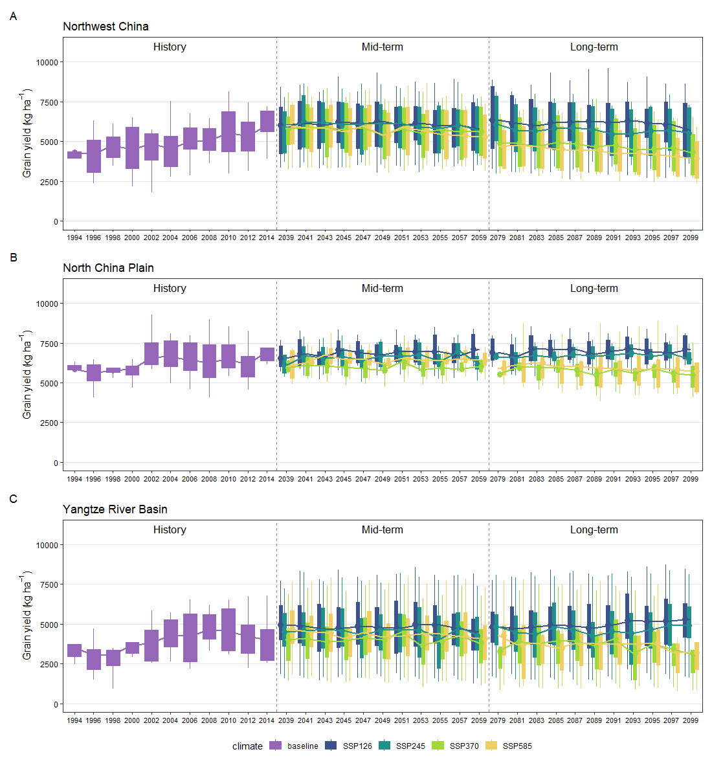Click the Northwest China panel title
click(106, 27)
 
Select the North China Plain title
click(108, 268)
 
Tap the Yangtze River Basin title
click(115, 509)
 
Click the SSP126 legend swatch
click(331, 746)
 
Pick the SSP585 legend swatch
click(492, 746)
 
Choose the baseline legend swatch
click(276, 746)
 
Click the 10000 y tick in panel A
click(47, 62)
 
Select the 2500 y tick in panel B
click(49, 423)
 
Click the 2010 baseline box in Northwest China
click(228, 131)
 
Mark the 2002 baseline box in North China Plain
click(151, 354)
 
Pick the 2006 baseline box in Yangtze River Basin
click(190, 638)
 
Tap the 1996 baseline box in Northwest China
click(94, 156)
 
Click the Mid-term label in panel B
click(382, 289)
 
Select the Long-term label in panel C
click(594, 530)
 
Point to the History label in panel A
click(170, 47)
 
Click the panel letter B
click(14, 258)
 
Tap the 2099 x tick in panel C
click(691, 720)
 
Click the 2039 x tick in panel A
click(286, 238)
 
